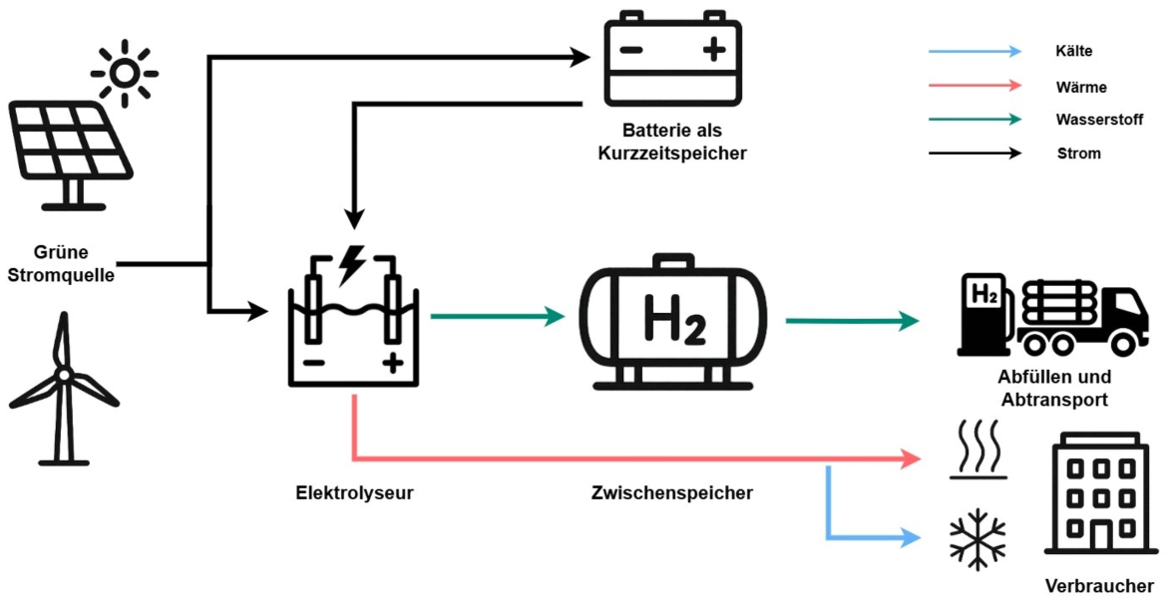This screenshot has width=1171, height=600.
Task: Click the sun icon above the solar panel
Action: [x=125, y=72]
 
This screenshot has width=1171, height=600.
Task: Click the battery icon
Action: [x=672, y=59]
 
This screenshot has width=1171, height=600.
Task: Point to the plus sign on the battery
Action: [x=714, y=51]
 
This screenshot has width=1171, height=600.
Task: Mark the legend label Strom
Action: [x=1078, y=153]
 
